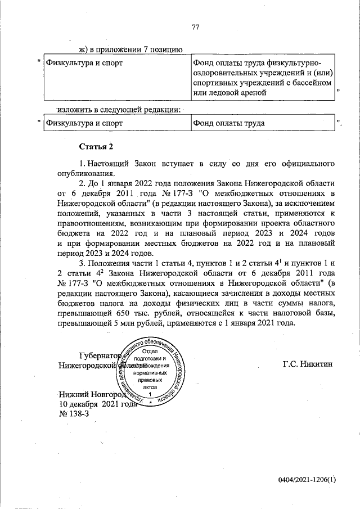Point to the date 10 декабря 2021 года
[x=98, y=404]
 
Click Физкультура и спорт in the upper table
[x=84, y=62]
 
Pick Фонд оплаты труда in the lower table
[x=228, y=122]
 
